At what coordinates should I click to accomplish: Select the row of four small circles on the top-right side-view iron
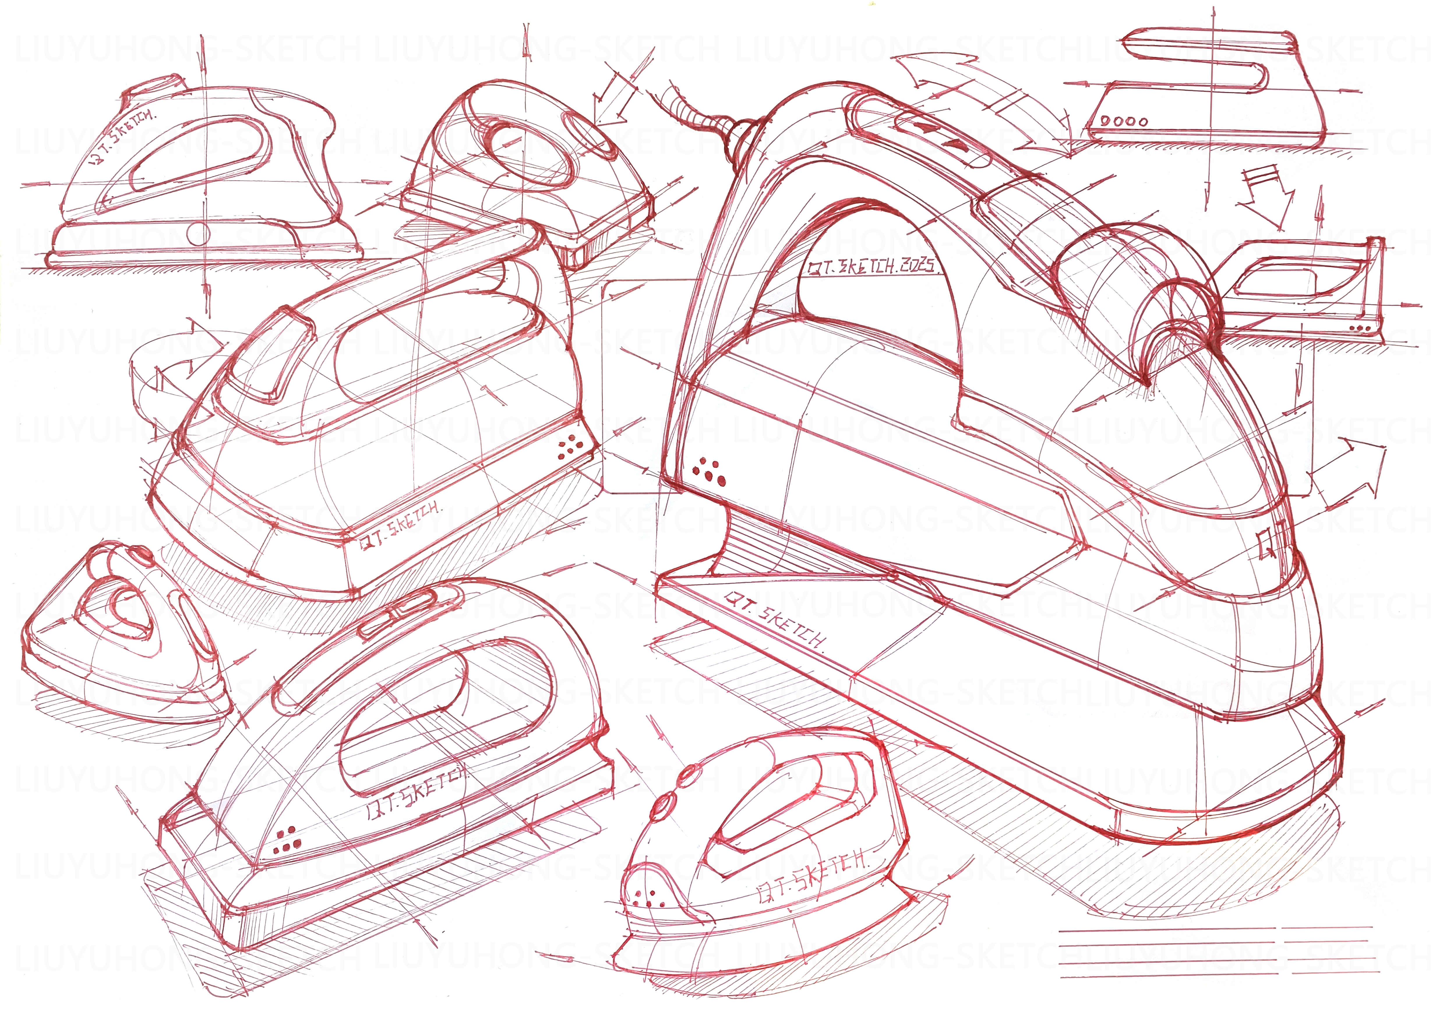click(1125, 121)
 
